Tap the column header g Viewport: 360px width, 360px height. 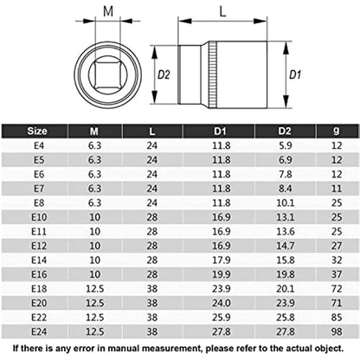336,132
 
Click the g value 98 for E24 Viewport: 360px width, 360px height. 336,331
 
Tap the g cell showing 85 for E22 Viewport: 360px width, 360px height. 336,317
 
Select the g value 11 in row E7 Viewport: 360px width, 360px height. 336,190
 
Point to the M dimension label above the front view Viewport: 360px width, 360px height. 108,10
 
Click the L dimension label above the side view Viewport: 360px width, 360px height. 222,10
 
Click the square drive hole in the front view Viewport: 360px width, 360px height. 107,71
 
